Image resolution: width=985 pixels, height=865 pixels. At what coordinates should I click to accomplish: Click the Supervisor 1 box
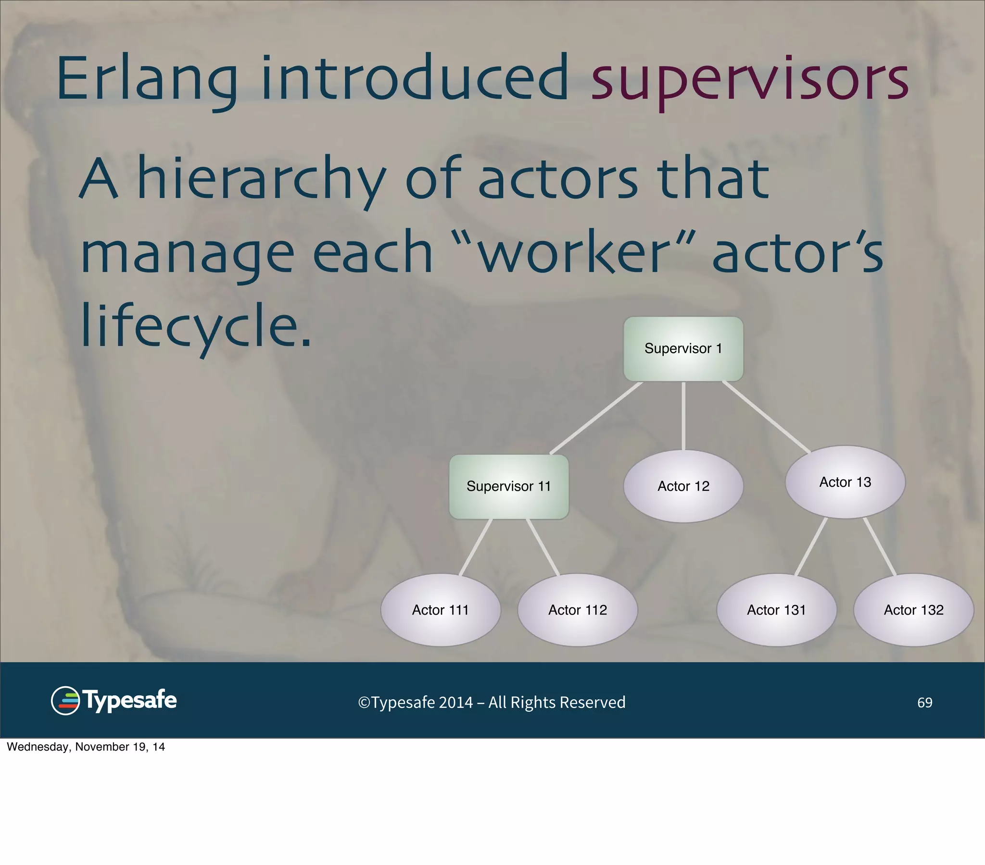pos(683,349)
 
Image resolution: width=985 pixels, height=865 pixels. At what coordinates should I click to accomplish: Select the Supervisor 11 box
pos(508,486)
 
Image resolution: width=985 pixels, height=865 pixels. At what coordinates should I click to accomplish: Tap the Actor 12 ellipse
pos(683,486)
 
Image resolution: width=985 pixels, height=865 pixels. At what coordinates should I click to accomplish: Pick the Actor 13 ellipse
pos(845,482)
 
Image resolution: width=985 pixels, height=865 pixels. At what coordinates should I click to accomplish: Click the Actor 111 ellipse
pos(440,610)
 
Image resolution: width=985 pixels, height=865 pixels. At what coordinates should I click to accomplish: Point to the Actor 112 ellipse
pos(577,610)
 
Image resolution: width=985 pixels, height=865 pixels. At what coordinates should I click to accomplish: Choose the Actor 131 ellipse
pos(776,610)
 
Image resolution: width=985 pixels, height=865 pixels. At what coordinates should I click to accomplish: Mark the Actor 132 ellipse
pos(913,610)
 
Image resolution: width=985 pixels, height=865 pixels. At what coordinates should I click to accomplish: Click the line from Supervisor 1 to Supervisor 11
pos(596,418)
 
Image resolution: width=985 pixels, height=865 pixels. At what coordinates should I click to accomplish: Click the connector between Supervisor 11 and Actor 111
pos(476,547)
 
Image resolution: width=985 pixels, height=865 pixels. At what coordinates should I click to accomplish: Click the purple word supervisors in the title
pos(749,79)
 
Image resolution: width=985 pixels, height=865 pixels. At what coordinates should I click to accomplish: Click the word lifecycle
pos(195,327)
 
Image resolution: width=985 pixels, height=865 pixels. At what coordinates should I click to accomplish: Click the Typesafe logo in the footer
pos(114,700)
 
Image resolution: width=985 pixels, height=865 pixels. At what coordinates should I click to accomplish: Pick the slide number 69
pos(924,702)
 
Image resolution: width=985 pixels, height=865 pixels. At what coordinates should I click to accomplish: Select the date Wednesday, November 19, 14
pos(86,747)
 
